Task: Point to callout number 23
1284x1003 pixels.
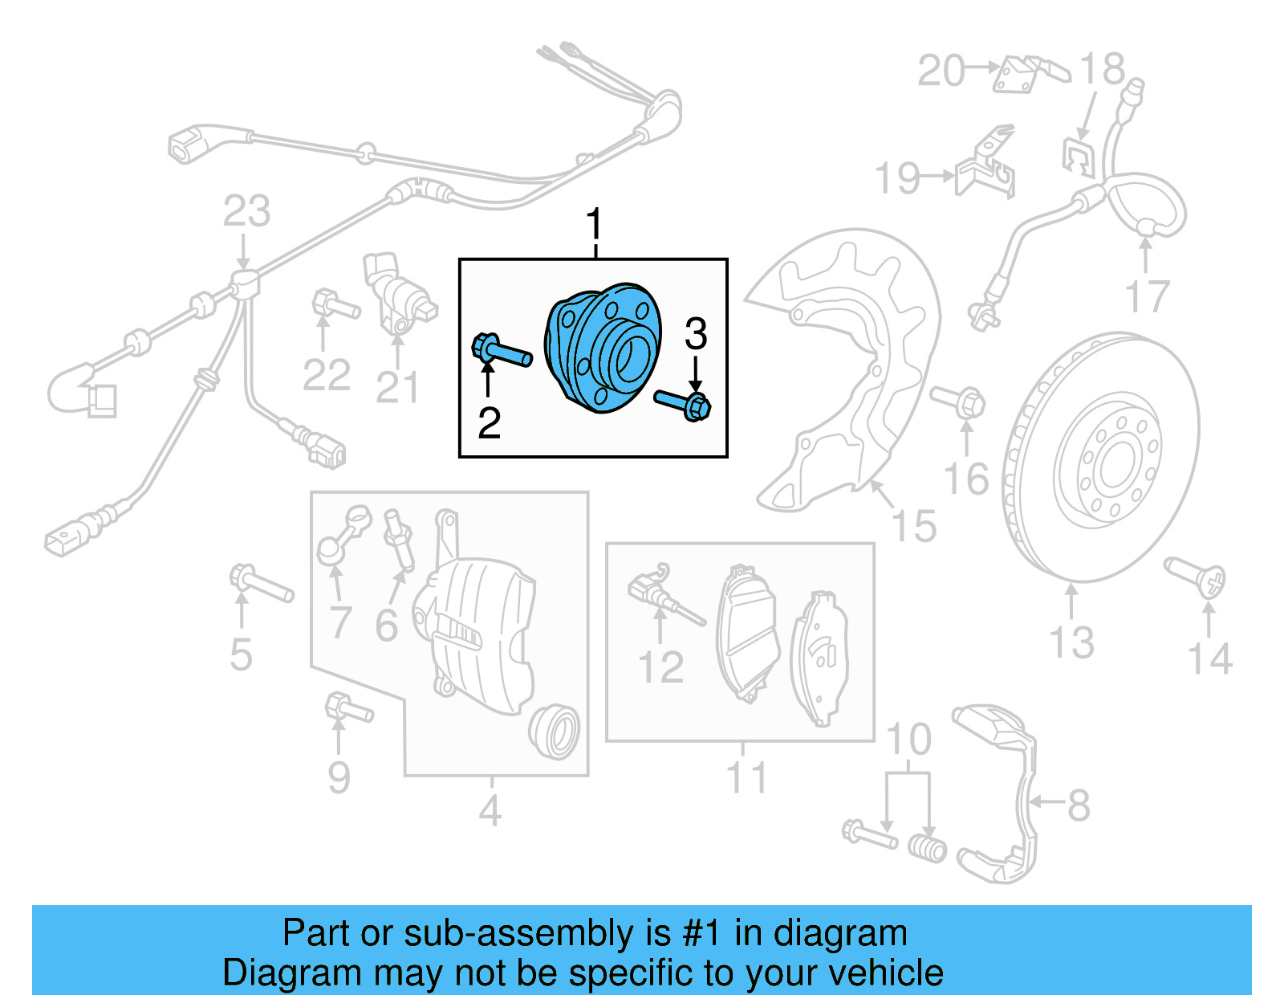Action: coord(246,211)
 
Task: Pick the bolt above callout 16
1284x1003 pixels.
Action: coord(959,400)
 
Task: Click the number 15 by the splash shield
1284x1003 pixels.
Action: coord(914,527)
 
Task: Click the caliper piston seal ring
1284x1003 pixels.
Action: coord(554,731)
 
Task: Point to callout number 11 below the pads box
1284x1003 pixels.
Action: coord(746,778)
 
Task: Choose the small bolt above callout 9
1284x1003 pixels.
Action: coord(348,709)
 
